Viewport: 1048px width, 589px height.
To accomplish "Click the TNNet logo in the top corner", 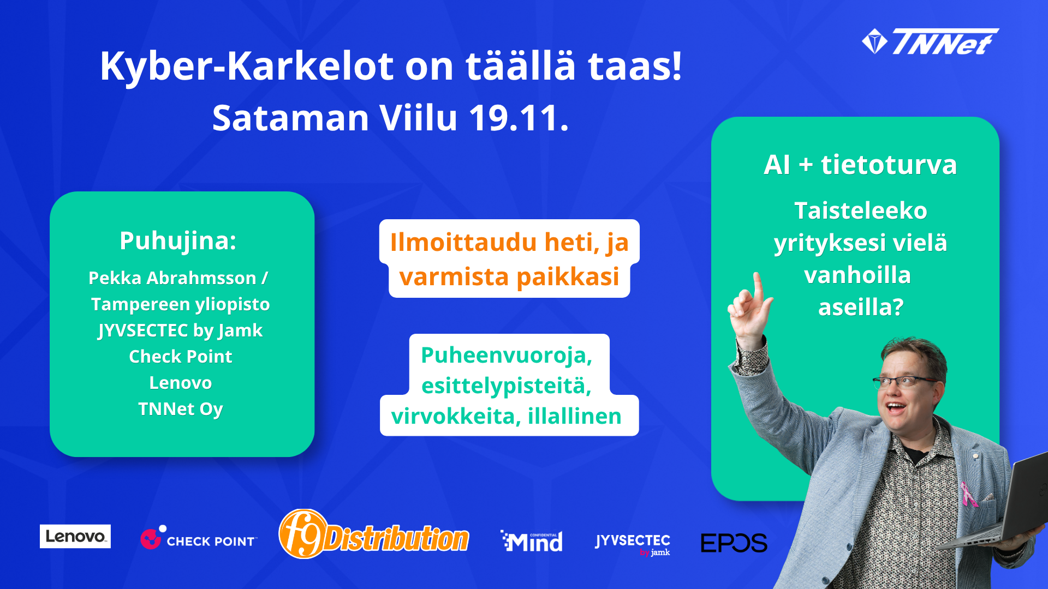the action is [x=930, y=41].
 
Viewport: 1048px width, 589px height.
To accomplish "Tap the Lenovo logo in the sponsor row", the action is [x=75, y=536].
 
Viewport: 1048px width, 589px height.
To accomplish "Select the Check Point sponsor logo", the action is [x=198, y=538].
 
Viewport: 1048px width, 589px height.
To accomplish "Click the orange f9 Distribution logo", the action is [x=374, y=534].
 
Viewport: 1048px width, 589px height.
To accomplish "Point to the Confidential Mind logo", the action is [x=532, y=541].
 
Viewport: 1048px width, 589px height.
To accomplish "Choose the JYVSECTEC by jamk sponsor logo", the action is [x=633, y=544].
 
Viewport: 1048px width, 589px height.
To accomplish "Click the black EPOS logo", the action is [x=734, y=543].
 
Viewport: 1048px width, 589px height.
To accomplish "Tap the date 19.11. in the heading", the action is [x=519, y=118].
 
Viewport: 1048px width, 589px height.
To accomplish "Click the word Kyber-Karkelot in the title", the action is [x=247, y=67].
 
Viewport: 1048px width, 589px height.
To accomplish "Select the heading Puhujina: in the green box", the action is [x=178, y=241].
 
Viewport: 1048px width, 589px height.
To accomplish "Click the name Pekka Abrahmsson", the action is [x=172, y=278].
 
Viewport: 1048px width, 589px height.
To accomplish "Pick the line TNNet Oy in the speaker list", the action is [x=181, y=409].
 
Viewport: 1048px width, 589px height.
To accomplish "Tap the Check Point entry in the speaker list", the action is [x=181, y=356].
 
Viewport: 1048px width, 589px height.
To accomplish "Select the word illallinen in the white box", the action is [x=575, y=416].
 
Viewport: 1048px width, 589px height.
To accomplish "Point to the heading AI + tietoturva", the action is [x=860, y=164].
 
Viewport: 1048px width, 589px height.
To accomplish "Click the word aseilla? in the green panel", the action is [x=861, y=307].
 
